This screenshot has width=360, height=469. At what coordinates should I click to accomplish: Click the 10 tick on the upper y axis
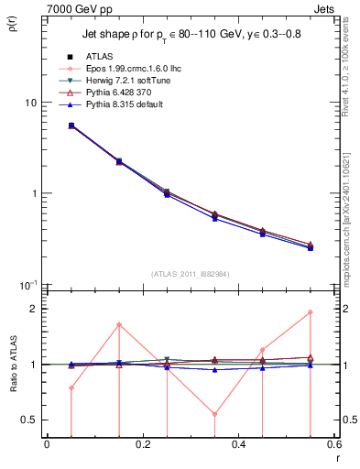coord(32,103)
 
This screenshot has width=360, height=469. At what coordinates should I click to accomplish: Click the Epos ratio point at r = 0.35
coord(214,414)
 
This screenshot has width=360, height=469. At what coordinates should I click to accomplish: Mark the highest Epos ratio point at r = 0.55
coord(311,312)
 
